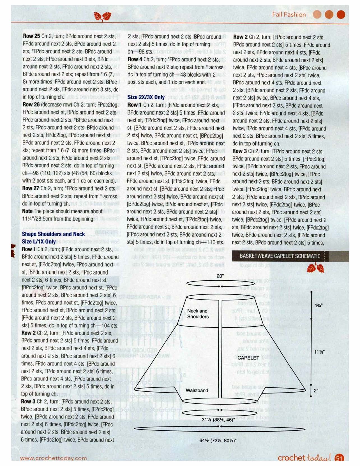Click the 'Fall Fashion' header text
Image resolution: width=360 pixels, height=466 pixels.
coord(289,15)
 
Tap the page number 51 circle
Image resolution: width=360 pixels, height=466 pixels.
coord(339,458)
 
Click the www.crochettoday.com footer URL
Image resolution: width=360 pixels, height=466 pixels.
coord(53,458)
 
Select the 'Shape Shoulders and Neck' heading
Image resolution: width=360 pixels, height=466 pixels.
coord(53,234)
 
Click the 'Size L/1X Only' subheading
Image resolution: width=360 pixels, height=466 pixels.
coord(39,242)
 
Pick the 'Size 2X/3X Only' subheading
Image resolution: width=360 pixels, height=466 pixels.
coord(146,97)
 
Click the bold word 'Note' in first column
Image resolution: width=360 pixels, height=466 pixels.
coord(27,211)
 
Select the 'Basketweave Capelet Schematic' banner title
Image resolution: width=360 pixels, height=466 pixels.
coord(280,256)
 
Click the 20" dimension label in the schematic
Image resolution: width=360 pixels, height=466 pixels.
coord(220,276)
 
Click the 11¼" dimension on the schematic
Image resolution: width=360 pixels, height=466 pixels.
coord(319,352)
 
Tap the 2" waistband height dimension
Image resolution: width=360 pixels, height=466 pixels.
coord(316,391)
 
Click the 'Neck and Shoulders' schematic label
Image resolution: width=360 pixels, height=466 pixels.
coord(198,314)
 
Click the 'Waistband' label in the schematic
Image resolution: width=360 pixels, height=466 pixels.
coord(197,390)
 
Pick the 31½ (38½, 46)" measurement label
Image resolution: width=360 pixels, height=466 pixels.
coord(218,420)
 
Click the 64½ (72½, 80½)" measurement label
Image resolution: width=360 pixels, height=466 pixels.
coord(218,440)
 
